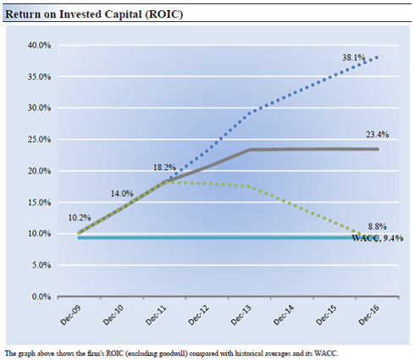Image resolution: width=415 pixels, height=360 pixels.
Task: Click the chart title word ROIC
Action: click(163, 14)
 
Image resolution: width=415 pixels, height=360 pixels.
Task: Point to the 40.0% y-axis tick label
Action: click(39, 45)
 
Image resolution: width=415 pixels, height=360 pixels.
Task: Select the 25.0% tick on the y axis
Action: click(39, 140)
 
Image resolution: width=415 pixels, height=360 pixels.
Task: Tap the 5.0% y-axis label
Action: click(41, 265)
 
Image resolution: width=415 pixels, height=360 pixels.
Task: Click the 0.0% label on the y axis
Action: click(41, 296)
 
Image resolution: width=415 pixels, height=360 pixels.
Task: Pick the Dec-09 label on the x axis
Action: click(70, 315)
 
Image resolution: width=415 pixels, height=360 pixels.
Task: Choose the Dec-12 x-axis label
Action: click(198, 315)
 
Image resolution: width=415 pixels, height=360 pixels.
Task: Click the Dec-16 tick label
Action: click(369, 315)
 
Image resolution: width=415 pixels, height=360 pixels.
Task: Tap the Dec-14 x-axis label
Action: click(284, 315)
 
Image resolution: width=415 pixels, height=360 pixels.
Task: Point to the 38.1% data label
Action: click(354, 58)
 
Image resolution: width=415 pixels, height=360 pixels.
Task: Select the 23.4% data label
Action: click(378, 135)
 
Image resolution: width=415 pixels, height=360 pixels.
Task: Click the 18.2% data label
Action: click(164, 168)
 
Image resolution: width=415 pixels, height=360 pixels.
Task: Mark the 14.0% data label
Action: click(122, 194)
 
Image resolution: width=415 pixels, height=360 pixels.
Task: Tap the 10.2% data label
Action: click(80, 218)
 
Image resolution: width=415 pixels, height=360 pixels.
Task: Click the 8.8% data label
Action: click(377, 226)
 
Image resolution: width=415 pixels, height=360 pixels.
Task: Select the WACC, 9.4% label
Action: click(378, 238)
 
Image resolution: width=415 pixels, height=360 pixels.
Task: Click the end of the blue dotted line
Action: click(377, 58)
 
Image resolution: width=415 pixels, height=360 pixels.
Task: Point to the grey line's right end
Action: click(378, 149)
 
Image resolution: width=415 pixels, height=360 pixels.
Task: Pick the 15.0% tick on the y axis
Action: click(39, 202)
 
